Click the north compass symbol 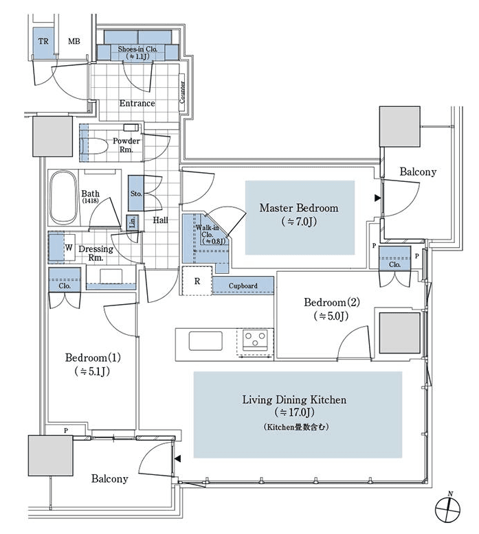click(x=447, y=509)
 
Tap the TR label click(x=43, y=42)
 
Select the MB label click(x=74, y=42)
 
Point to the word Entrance click(x=137, y=104)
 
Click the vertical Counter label click(x=182, y=91)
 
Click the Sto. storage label click(x=136, y=194)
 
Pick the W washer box click(x=68, y=248)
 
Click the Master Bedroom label click(x=298, y=208)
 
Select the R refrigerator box click(x=197, y=281)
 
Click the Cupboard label click(x=243, y=286)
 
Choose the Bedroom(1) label click(x=93, y=358)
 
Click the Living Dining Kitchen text click(x=293, y=399)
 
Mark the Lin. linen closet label click(x=133, y=222)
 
